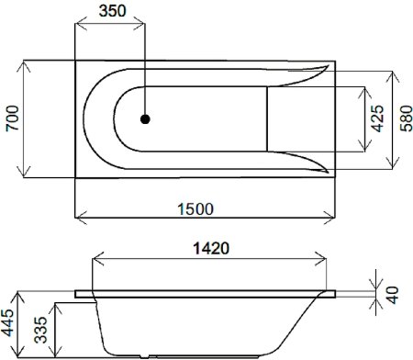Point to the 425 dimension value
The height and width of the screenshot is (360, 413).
click(378, 120)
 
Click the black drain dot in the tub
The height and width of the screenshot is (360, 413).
click(145, 118)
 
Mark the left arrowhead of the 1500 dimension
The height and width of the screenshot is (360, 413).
click(79, 219)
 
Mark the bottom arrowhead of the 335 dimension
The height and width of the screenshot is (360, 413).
click(56, 355)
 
